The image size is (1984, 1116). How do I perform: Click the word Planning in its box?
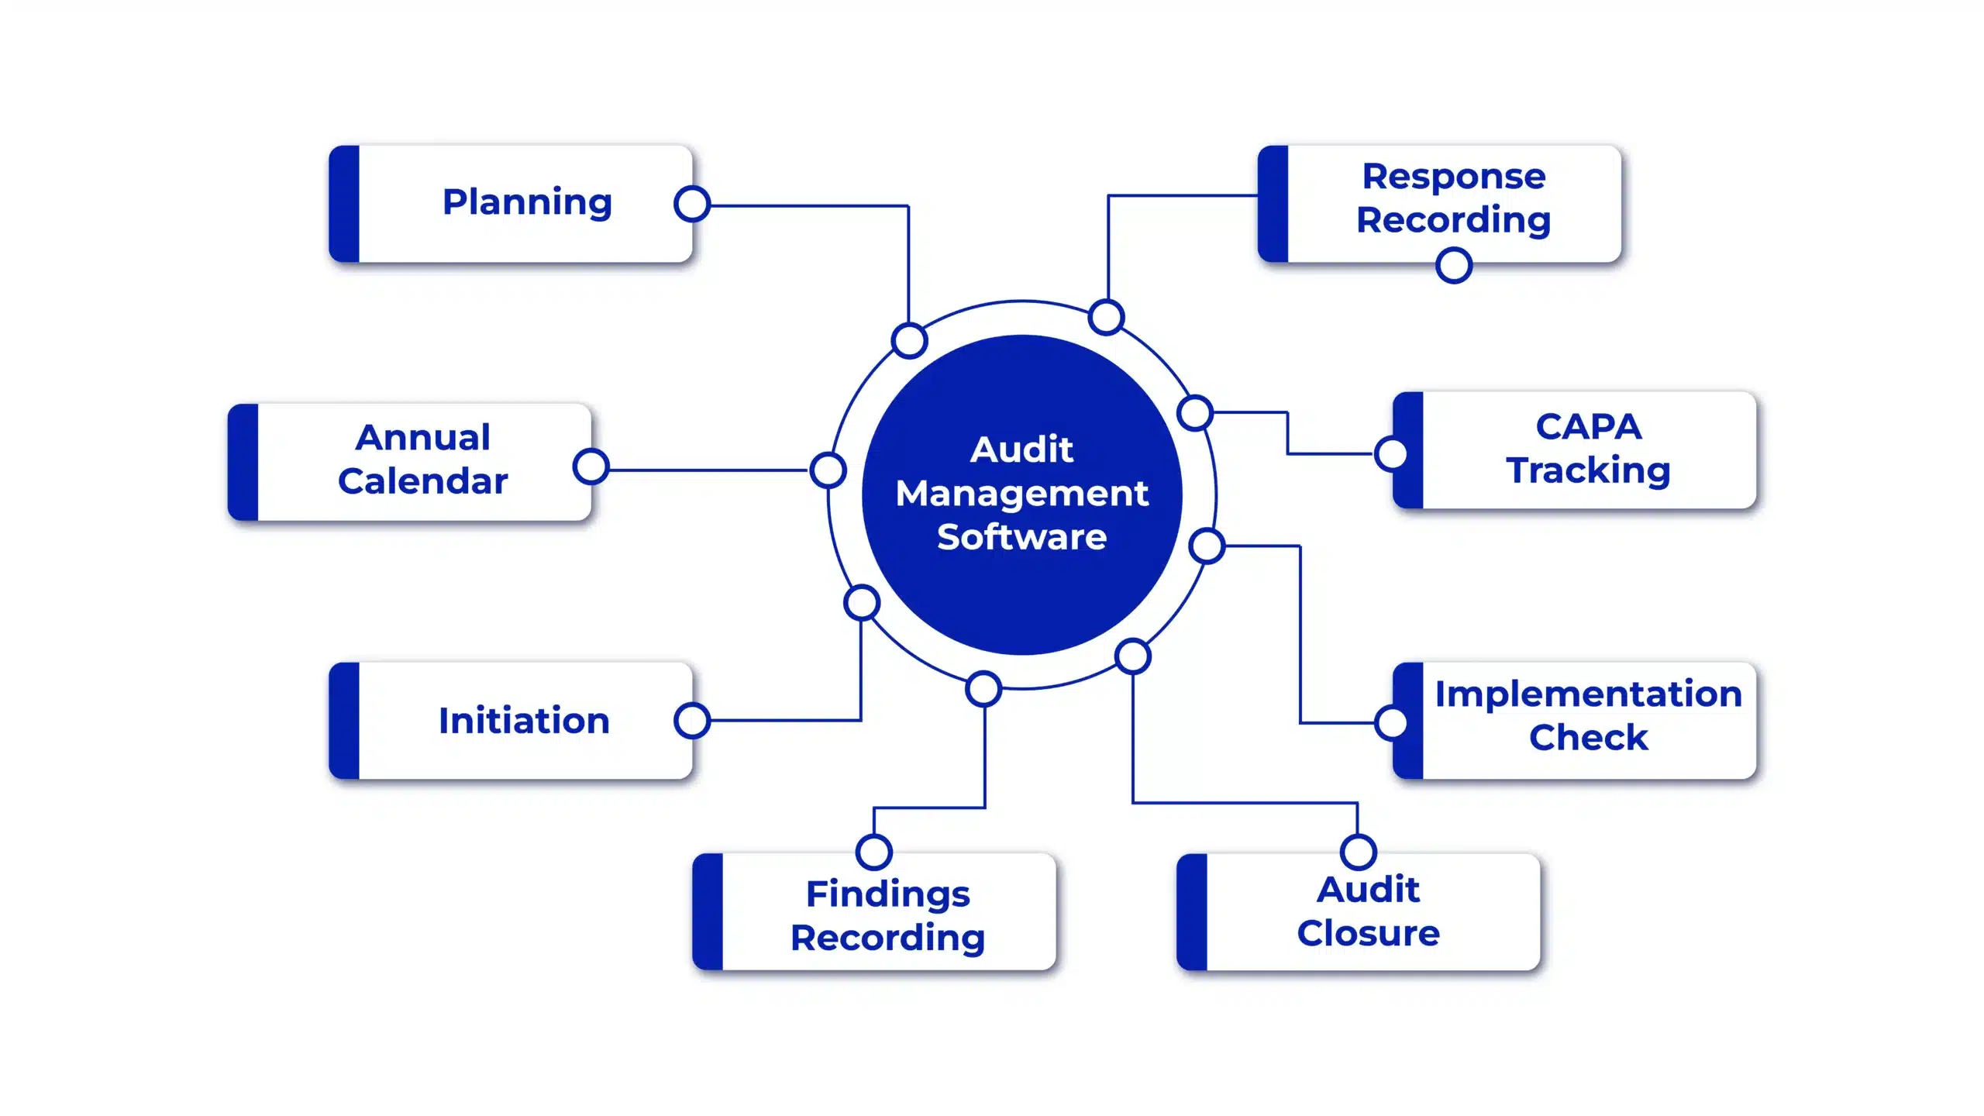527,202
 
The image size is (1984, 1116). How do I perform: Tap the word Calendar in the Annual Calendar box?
422,480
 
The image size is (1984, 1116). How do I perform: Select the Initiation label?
524,721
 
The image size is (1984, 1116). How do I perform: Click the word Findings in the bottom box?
887,894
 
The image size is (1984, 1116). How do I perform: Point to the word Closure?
1368,933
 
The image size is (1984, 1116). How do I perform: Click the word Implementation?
1588,694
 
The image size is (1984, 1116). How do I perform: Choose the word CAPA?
1588,426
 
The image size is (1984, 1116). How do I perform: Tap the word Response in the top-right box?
1454,177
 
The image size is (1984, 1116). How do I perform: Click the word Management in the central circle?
1021,494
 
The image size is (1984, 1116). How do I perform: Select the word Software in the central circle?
1021,537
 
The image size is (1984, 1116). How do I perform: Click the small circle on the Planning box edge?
692,204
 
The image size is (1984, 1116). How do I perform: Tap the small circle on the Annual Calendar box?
591,467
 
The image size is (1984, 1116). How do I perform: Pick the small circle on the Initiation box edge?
692,720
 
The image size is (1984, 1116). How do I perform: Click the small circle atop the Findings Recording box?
874,852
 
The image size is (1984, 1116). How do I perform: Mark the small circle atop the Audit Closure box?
1359,852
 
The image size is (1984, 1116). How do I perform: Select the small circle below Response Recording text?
1454,265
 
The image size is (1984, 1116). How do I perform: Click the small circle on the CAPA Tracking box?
1392,453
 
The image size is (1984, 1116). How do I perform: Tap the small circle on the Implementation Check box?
1392,722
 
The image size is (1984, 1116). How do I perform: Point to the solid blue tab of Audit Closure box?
1192,912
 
